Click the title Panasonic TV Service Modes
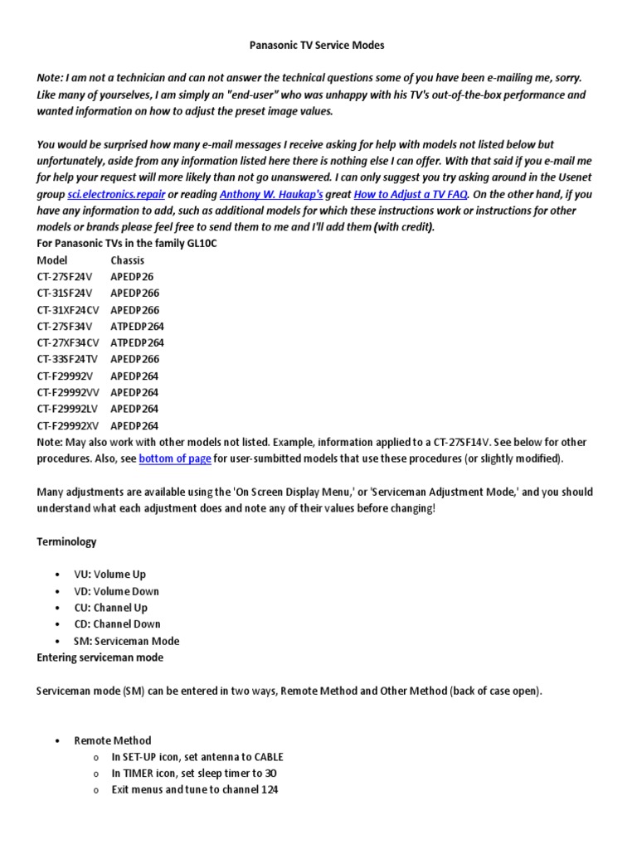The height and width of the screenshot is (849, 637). (318, 45)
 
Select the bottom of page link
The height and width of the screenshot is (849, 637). (175, 458)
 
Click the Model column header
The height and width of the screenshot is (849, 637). (52, 260)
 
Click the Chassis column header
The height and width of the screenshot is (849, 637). (127, 260)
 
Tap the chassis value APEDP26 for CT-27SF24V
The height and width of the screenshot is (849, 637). (132, 277)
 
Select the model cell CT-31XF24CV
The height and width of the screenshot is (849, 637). (68, 310)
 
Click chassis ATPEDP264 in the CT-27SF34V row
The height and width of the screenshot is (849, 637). (137, 327)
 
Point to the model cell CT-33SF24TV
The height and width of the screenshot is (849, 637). (68, 360)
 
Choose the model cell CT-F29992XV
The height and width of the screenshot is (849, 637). (68, 426)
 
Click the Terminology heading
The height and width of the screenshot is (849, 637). (66, 542)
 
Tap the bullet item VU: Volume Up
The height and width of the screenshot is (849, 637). (109, 575)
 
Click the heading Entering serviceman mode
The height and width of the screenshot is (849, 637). (100, 657)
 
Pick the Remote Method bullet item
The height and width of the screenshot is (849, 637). (113, 740)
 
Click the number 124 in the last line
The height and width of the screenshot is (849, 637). (267, 790)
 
